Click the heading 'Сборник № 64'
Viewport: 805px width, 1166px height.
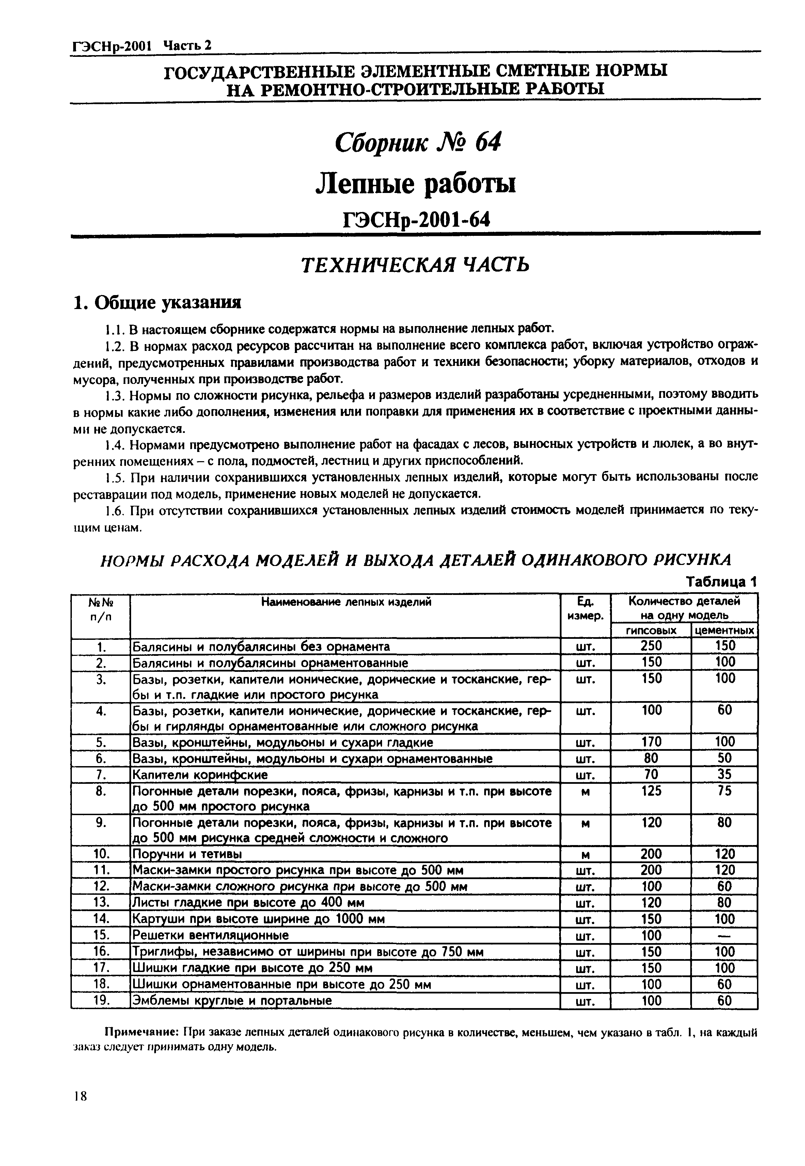point(418,144)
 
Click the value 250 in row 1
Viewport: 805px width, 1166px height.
point(651,646)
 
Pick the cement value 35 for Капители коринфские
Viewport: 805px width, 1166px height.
point(725,774)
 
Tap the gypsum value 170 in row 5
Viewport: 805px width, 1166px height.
point(651,742)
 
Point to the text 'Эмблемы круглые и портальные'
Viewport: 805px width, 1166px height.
point(232,1001)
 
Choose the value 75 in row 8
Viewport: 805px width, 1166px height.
point(725,791)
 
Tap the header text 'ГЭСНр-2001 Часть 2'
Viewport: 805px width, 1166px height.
point(141,46)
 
